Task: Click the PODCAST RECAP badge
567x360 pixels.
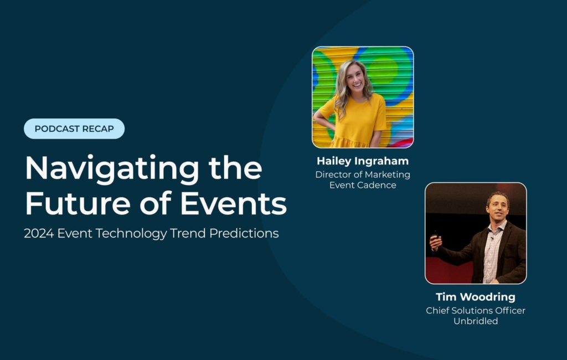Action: click(74, 128)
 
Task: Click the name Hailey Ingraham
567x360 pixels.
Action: click(363, 161)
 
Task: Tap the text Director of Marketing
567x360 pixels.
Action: click(363, 174)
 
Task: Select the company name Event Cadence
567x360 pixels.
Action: click(363, 185)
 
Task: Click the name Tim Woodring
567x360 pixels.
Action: click(476, 297)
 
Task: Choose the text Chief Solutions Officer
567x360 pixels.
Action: click(476, 310)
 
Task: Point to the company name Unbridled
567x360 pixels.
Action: click(476, 321)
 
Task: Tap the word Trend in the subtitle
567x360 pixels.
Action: click(188, 233)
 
